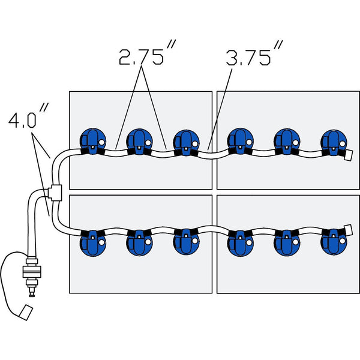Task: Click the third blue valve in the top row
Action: point(186,142)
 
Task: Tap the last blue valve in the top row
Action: point(332,142)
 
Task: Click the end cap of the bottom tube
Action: point(347,230)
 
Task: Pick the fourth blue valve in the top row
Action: point(240,141)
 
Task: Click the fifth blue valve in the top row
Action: point(287,141)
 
